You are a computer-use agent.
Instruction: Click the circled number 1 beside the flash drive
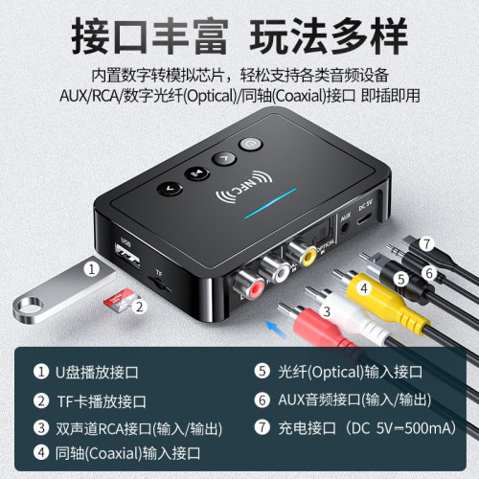[x=91, y=269]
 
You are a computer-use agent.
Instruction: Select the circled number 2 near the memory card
[x=140, y=307]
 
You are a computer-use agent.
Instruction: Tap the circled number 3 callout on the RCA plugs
[x=325, y=309]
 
